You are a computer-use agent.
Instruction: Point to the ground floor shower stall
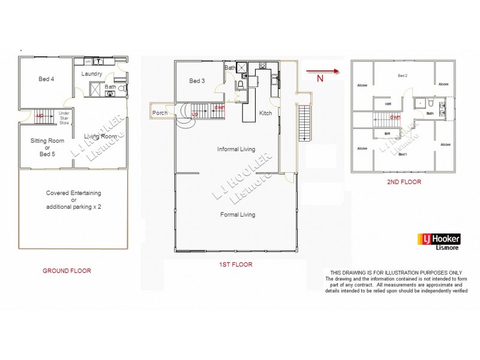[97, 89]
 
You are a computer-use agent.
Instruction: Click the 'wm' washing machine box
[87, 61]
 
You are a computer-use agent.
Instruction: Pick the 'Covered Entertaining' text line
[74, 193]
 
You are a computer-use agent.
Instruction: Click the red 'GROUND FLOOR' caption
[67, 271]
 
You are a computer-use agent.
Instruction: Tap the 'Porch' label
[160, 113]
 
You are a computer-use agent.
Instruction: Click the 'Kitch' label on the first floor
[265, 113]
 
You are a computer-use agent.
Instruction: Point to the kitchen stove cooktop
[263, 66]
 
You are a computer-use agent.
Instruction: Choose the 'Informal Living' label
[236, 149]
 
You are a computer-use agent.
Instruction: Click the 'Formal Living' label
[238, 214]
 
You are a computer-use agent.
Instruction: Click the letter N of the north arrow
[320, 78]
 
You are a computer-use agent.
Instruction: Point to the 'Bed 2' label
[403, 76]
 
